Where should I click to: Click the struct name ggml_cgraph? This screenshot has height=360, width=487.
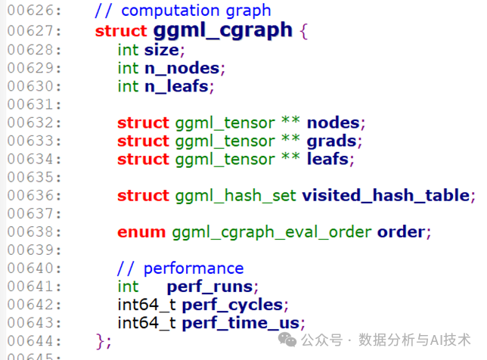pyautogui.click(x=222, y=30)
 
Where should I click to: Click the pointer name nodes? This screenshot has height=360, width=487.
pyautogui.click(x=336, y=123)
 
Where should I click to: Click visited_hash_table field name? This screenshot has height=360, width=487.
pyautogui.click(x=386, y=195)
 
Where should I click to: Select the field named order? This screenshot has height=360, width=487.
pyautogui.click(x=403, y=231)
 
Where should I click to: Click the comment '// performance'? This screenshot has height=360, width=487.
pyautogui.click(x=180, y=268)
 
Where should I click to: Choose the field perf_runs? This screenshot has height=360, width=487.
pyautogui.click(x=212, y=287)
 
